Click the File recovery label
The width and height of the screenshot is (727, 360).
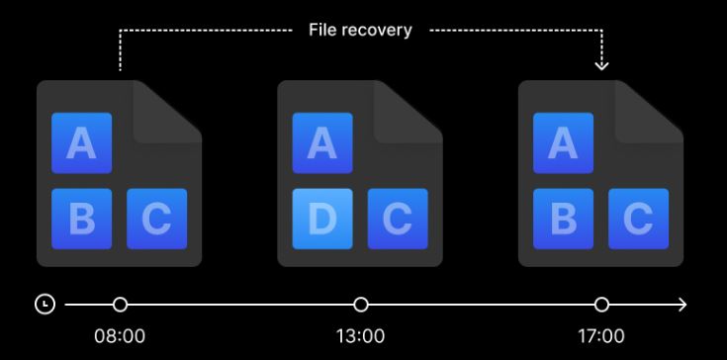click(360, 30)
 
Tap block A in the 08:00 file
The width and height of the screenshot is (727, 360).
click(81, 143)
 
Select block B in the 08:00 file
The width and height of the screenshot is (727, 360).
click(81, 219)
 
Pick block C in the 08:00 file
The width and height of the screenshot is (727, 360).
click(156, 219)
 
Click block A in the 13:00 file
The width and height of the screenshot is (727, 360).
click(322, 143)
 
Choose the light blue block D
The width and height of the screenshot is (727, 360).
click(322, 219)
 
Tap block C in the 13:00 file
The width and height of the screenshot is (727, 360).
click(398, 219)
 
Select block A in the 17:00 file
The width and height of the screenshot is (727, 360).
click(564, 143)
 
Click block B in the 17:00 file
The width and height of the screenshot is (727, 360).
click(564, 219)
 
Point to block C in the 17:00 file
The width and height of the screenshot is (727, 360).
click(638, 219)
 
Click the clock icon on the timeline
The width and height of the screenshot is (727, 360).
click(45, 305)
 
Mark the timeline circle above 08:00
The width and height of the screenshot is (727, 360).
click(120, 305)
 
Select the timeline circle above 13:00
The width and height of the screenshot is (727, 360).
click(361, 305)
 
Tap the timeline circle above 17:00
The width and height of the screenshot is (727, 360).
click(601, 305)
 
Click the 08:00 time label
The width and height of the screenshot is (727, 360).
click(120, 336)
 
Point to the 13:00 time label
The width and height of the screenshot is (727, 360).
click(360, 336)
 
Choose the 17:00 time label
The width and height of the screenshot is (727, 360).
click(601, 336)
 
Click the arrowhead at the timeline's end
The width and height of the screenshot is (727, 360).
click(682, 305)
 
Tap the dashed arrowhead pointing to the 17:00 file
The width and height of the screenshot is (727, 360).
click(601, 65)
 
